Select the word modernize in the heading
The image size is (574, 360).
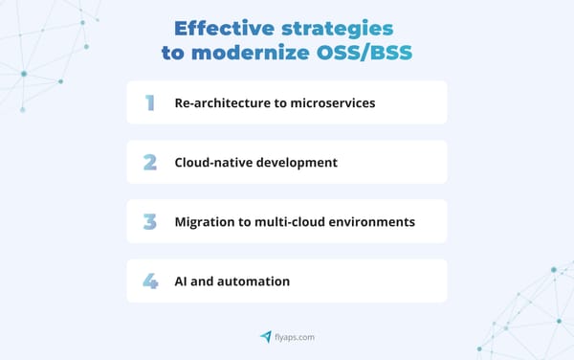pos(251,54)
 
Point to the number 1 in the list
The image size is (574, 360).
pos(150,102)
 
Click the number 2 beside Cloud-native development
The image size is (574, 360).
pos(150,162)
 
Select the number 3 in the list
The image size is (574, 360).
pos(150,221)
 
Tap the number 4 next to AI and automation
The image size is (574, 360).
pos(150,281)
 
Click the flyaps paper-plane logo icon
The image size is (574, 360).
pos(265,336)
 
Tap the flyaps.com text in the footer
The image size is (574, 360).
pos(295,337)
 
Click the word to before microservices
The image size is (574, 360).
pos(280,102)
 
